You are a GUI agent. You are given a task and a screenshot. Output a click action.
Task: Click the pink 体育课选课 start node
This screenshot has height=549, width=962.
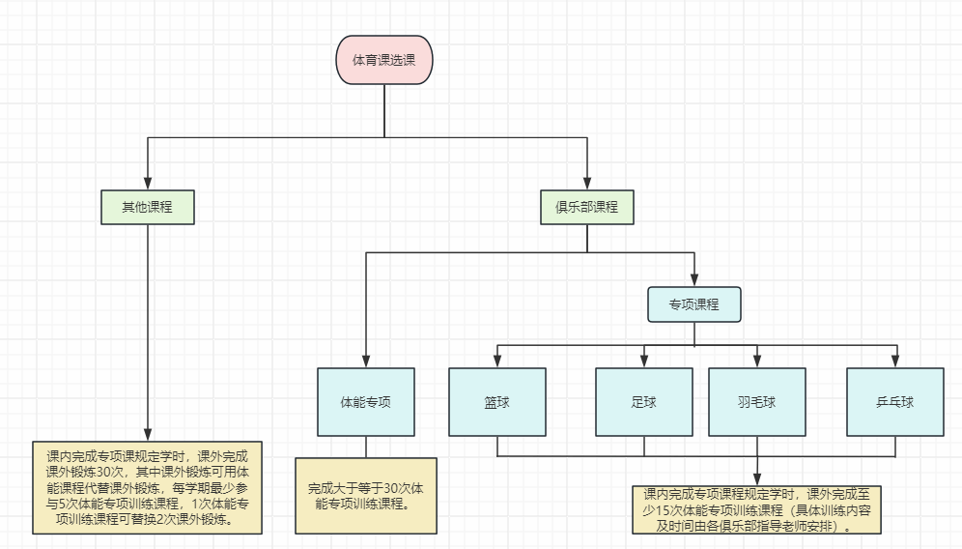pos(384,61)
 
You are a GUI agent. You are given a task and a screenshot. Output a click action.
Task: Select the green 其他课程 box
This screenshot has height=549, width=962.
pos(148,206)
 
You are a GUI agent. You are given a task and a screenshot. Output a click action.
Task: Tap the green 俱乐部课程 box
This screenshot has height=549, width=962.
pos(586,207)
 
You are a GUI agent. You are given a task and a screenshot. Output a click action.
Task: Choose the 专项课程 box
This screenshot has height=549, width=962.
pos(694,303)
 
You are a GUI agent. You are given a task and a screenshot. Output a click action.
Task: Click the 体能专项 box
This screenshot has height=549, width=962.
pos(365,401)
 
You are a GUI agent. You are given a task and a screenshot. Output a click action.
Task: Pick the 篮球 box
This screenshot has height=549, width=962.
pos(497,401)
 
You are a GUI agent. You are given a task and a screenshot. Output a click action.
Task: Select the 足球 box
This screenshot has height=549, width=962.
pos(644,401)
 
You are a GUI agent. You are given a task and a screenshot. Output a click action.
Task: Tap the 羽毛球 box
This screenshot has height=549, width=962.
pos(756,401)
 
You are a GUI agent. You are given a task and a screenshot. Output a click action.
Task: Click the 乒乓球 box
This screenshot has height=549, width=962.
pos(894,401)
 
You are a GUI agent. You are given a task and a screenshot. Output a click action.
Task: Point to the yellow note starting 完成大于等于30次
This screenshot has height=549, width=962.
pos(365,495)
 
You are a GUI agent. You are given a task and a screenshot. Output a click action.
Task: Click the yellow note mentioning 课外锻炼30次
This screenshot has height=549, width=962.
pos(147,488)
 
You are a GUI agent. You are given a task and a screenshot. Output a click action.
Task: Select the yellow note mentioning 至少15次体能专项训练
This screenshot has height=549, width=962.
pos(756,509)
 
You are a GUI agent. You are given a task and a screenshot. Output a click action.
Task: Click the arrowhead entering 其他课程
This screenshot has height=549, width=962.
pos(148,182)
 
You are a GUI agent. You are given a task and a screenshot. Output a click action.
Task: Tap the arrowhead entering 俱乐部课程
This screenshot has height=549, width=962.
pos(586,183)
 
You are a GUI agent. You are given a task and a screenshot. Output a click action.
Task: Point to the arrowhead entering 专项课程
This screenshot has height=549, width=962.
pos(694,279)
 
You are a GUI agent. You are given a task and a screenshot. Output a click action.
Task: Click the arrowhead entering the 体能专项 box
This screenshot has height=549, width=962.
pos(365,361)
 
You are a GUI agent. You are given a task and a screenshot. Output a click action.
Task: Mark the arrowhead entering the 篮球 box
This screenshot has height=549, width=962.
pos(497,361)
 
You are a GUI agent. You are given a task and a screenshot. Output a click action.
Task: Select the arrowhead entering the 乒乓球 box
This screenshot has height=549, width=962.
pos(894,361)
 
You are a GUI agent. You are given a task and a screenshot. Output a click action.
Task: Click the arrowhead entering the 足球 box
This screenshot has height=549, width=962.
pos(644,361)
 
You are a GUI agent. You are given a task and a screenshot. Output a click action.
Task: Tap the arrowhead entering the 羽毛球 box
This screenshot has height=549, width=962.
pos(756,361)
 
